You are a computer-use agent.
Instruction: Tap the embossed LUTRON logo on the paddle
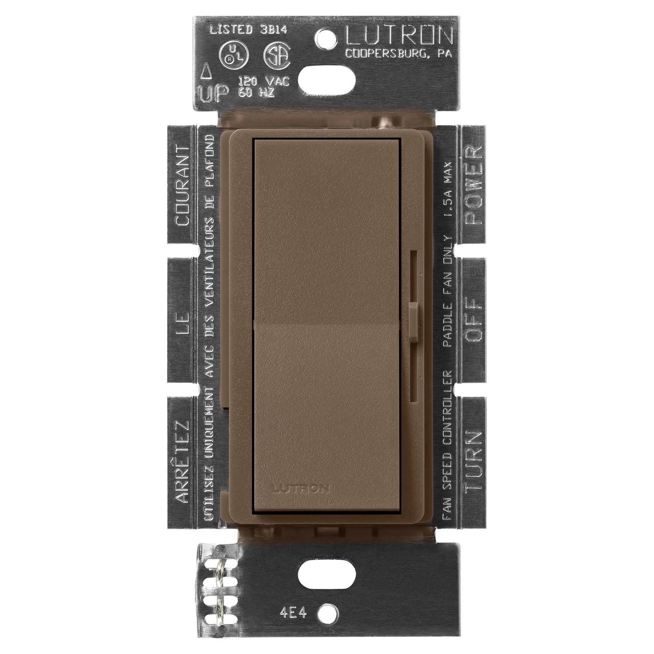tap(301, 488)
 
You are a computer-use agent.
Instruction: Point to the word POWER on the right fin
tap(472, 186)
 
